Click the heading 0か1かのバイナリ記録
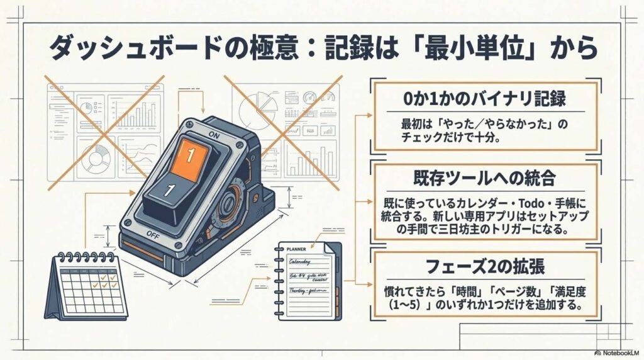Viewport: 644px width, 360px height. click(484, 99)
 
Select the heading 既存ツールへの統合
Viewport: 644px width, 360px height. click(484, 178)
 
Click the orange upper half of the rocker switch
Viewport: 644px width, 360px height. click(190, 154)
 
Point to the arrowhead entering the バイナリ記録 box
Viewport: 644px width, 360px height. click(372, 116)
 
